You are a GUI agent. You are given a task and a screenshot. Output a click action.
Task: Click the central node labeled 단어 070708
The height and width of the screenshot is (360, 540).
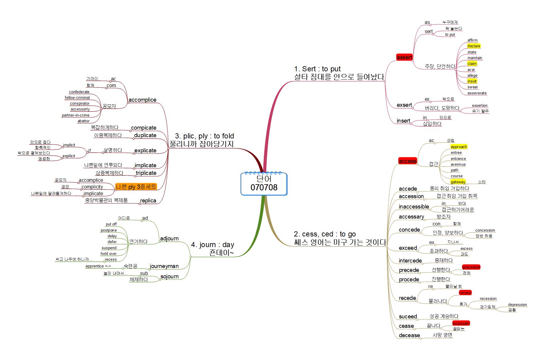[264, 183]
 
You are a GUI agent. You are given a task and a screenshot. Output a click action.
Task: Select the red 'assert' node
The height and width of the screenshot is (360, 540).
[404, 57]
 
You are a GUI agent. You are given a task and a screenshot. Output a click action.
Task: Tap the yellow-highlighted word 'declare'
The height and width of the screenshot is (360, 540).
[474, 46]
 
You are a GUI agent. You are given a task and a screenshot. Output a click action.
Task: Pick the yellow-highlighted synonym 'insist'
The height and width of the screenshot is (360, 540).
[472, 81]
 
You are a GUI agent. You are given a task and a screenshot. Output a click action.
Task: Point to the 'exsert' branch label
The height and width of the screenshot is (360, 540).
[404, 105]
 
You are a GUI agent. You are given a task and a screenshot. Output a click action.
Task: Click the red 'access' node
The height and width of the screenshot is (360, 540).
[407, 161]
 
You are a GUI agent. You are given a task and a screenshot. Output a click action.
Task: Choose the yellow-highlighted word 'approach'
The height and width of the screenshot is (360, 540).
[458, 147]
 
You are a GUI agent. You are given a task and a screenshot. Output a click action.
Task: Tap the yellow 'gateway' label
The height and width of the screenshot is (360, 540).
[458, 182]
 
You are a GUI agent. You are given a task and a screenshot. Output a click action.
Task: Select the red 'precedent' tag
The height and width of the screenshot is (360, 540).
[471, 267]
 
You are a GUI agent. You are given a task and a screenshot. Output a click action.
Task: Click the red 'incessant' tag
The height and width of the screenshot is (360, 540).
[461, 323]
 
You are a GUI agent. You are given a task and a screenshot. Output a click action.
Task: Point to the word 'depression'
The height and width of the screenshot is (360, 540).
[517, 304]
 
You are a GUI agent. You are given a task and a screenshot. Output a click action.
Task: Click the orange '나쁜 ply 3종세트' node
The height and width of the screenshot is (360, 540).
[136, 187]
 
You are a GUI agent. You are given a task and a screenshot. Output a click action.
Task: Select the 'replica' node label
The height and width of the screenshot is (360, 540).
[148, 200]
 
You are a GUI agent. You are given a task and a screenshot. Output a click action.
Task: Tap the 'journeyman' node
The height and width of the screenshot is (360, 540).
[164, 266]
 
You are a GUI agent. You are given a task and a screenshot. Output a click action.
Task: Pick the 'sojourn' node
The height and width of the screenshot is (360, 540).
[169, 276]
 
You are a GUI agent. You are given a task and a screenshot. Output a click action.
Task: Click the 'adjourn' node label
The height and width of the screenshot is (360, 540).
[169, 238]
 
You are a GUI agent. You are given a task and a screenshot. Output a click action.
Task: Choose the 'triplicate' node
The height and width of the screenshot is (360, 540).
[146, 173]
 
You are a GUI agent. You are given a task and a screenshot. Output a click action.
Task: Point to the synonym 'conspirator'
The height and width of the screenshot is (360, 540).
[80, 103]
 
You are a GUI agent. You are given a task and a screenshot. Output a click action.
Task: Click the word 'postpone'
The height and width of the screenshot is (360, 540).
[109, 230]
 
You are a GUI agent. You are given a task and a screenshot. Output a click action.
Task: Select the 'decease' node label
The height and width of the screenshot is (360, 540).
[409, 335]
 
